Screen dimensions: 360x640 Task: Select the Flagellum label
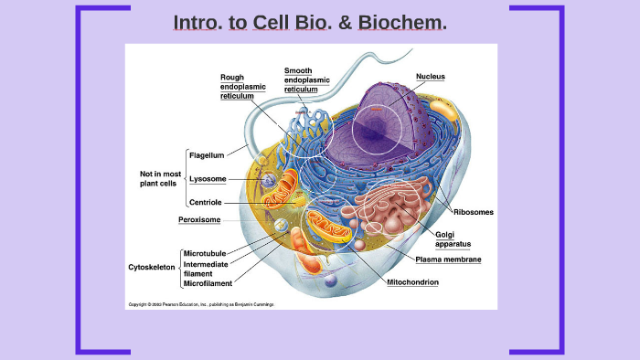207,155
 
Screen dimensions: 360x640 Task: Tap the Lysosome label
208,179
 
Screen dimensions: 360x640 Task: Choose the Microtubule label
205,253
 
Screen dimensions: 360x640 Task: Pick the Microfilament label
208,282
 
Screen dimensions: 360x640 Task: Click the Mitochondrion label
412,282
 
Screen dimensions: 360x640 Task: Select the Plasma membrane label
448,259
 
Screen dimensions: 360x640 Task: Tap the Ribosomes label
473,212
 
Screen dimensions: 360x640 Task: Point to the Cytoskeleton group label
151,268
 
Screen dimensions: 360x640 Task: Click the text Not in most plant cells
160,178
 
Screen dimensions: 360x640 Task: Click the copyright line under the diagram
200,303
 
